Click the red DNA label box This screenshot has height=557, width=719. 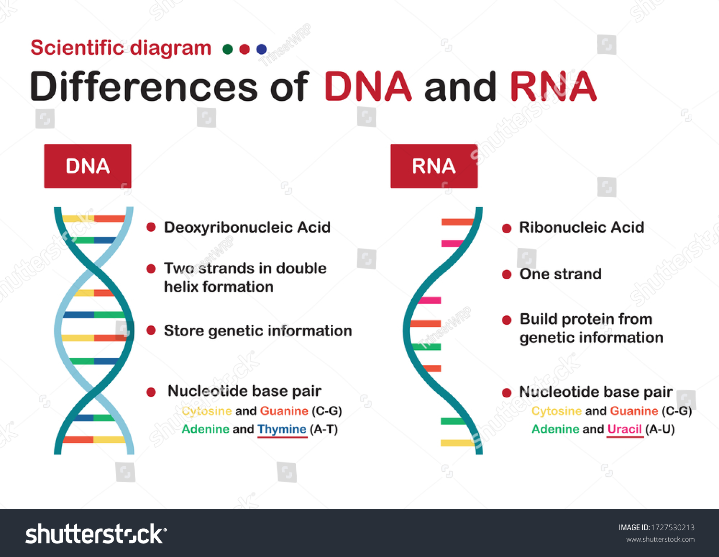[x=88, y=166]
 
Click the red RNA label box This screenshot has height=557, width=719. [x=434, y=166]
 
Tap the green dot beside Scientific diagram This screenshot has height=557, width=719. [x=228, y=49]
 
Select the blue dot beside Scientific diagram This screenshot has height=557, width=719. [x=261, y=49]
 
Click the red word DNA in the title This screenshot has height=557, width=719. [x=368, y=86]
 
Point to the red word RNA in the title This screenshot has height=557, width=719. [x=553, y=86]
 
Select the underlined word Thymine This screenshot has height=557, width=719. [x=282, y=429]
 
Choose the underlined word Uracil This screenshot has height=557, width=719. [x=625, y=429]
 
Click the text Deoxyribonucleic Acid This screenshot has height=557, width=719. [x=247, y=227]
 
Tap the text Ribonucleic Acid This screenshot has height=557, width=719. [x=581, y=227]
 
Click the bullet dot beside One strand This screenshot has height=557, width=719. [x=507, y=274]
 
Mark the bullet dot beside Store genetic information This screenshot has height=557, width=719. [x=151, y=330]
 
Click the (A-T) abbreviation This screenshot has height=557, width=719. [x=324, y=429]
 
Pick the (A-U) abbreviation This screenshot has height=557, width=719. [x=660, y=429]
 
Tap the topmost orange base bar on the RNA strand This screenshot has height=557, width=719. [x=458, y=222]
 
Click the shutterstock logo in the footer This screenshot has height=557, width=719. [x=96, y=533]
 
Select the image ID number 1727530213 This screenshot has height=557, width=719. [x=673, y=527]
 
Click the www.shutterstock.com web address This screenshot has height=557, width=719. [x=661, y=539]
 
